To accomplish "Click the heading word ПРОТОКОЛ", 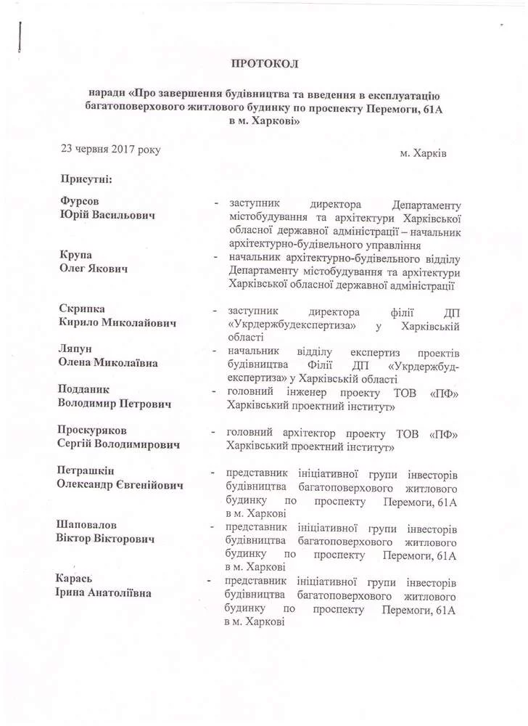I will (264, 65).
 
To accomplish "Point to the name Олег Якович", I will (94, 269).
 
